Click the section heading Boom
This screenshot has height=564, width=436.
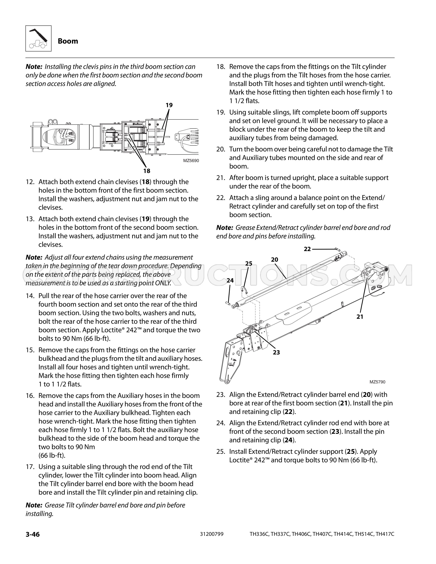point(68,41)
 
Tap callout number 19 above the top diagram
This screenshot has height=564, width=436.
point(169,105)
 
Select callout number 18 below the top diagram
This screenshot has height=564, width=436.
point(147,171)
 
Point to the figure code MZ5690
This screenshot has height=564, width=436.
point(191,161)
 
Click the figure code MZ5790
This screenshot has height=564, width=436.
point(377,382)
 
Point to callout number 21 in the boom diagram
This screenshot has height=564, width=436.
point(360,317)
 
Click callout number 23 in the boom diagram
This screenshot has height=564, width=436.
point(276,352)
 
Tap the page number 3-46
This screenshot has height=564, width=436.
point(32,534)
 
